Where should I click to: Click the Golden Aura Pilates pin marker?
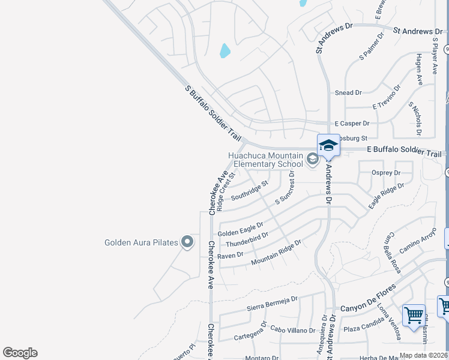pyautogui.click(x=187, y=242)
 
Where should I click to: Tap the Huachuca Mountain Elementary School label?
pyautogui.click(x=266, y=159)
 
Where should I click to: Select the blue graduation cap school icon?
pyautogui.click(x=328, y=145)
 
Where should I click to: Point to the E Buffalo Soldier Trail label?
pyautogui.click(x=403, y=154)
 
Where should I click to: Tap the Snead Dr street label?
pyautogui.click(x=348, y=93)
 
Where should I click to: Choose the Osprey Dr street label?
pyautogui.click(x=387, y=173)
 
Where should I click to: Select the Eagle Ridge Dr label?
pyautogui.click(x=386, y=196)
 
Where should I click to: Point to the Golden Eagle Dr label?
pyautogui.click(x=240, y=230)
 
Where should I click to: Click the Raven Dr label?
pyautogui.click(x=230, y=255)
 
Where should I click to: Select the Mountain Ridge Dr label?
pyautogui.click(x=276, y=252)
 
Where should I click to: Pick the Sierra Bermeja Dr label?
pyautogui.click(x=273, y=303)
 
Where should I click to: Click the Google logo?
pyautogui.click(x=20, y=353)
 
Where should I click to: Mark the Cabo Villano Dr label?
pyautogui.click(x=292, y=329)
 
